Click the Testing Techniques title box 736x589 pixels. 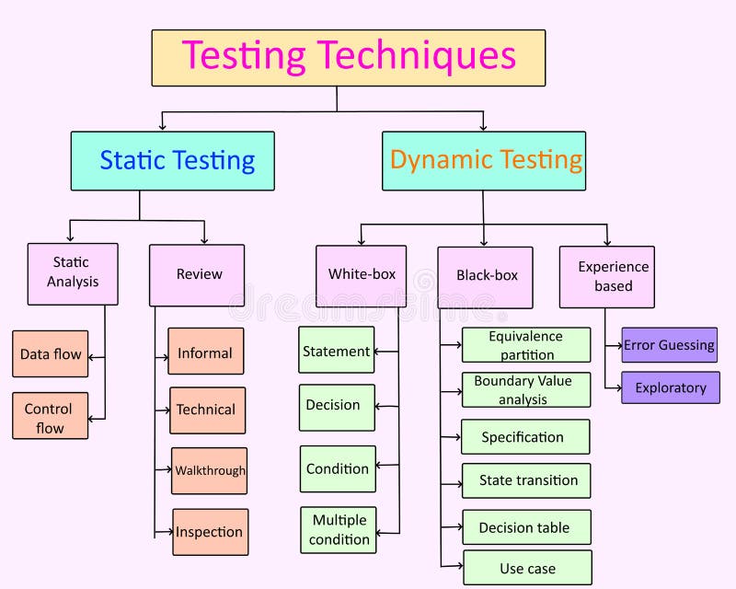[x=348, y=57]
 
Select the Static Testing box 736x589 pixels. [x=172, y=161]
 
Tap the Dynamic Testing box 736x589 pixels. [x=483, y=161]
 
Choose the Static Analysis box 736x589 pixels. [x=73, y=273]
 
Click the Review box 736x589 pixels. [x=197, y=274]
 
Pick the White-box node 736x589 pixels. [x=361, y=275]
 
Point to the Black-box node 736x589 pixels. [x=485, y=276]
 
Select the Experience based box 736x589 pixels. [x=607, y=276]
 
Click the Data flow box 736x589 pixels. [x=51, y=353]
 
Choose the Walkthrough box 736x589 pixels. [x=209, y=471]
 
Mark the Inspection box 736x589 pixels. [x=210, y=532]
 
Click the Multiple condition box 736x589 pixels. [x=338, y=530]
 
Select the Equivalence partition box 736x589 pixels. [x=526, y=345]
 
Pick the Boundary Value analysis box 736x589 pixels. [x=526, y=389]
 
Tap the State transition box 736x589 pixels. [x=526, y=480]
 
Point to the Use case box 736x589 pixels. [x=527, y=568]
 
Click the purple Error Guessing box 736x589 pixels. [x=669, y=345]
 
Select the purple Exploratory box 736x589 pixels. [x=670, y=387]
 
